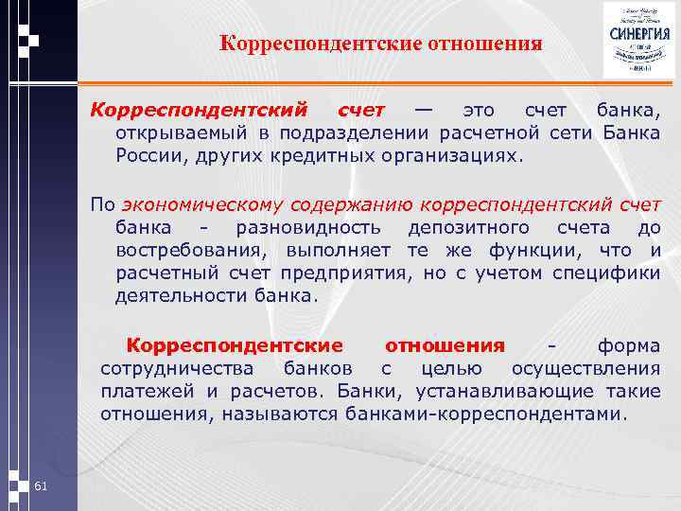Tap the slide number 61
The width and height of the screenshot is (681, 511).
[x=40, y=486]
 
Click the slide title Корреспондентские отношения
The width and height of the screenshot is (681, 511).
[x=380, y=43]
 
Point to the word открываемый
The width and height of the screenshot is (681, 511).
[x=170, y=132]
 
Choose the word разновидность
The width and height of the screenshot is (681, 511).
[x=309, y=227]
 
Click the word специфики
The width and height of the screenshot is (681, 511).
[x=613, y=273]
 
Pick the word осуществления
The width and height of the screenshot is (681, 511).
[x=585, y=367]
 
